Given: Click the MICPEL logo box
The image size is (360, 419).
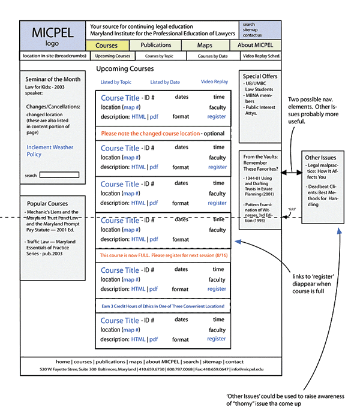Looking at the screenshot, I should pos(51,36).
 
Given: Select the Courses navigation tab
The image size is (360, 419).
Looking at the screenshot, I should pos(107,46).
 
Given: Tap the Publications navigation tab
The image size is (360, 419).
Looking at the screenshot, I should pos(156,45).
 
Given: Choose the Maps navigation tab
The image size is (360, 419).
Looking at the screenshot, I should pos(205,46).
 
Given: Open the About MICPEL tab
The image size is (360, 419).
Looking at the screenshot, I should pos(255,46).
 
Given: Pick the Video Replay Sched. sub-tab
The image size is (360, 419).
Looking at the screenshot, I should pos(260,56).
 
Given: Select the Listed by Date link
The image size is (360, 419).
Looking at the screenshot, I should pos(165,82).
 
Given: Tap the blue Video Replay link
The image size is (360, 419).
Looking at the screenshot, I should pos(214,82).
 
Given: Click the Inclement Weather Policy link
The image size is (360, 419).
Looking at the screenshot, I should pos(50,150).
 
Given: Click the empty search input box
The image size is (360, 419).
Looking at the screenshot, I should pos(59,175).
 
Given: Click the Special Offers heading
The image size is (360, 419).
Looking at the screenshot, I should pos(260,77).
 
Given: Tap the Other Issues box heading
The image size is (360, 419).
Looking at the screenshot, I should pos(320,157).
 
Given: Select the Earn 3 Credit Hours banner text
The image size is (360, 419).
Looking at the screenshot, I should pos(162,306).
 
